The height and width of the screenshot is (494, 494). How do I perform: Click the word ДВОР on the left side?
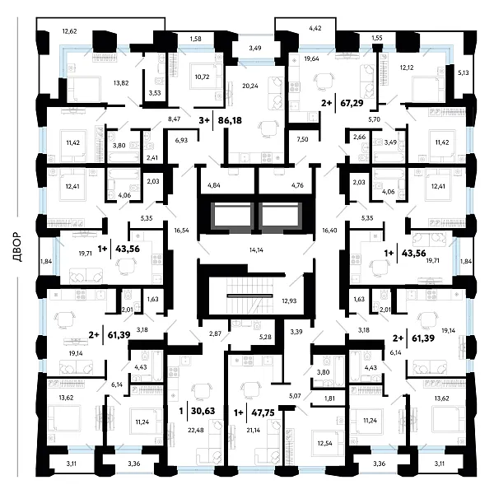(17, 247)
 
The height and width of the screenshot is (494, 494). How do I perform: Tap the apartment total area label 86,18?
(230, 120)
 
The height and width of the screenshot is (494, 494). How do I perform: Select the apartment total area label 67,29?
(352, 103)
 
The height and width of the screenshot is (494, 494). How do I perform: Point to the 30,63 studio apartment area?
(203, 411)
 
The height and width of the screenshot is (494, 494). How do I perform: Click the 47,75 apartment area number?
(263, 412)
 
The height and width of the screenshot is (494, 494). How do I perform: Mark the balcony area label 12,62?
(70, 31)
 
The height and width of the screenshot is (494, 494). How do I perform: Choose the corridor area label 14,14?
(256, 250)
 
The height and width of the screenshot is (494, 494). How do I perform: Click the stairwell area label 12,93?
(289, 301)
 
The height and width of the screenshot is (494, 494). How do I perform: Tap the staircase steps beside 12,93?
(249, 296)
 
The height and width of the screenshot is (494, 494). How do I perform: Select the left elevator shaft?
(231, 214)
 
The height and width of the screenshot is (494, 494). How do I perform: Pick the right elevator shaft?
(280, 214)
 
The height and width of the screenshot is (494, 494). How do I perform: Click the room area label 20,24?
(250, 86)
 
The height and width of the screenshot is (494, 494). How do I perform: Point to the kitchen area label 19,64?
(311, 58)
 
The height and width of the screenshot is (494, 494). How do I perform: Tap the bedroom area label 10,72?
(202, 77)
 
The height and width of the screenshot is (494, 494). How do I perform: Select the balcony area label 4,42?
(315, 28)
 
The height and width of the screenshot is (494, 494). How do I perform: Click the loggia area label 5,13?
(463, 72)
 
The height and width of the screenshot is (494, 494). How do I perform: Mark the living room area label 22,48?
(196, 430)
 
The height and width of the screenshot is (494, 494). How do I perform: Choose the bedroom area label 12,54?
(325, 443)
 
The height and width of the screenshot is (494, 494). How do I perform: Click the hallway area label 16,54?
(181, 231)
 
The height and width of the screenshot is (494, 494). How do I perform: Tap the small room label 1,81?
(329, 398)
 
